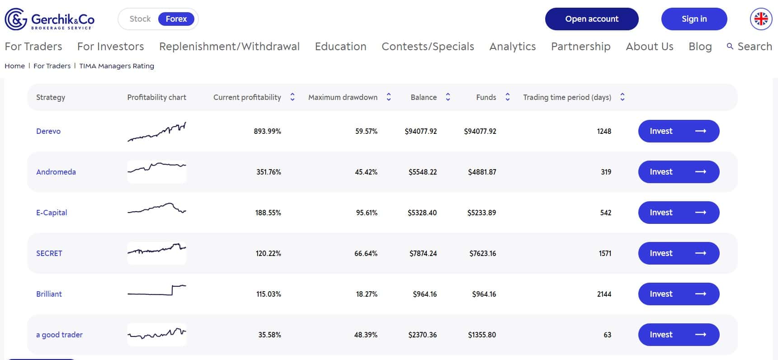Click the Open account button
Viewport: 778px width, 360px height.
[592, 19]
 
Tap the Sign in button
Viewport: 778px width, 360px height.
[694, 19]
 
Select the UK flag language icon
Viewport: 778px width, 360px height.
[761, 19]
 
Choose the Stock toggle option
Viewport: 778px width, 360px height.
[140, 19]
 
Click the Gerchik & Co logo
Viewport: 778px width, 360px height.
[50, 19]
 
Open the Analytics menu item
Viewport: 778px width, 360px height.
[513, 47]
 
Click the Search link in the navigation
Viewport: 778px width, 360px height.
[750, 47]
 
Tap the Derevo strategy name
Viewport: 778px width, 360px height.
[48, 131]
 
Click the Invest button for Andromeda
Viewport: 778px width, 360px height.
[679, 172]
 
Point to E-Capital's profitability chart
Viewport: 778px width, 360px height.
[157, 209]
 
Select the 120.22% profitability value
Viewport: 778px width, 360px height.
[268, 253]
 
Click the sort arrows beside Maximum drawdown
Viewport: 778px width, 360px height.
[389, 97]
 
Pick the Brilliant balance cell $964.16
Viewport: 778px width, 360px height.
[424, 294]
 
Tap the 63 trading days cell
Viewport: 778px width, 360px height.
[607, 335]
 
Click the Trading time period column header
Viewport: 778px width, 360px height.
[567, 97]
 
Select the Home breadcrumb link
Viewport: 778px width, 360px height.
[14, 66]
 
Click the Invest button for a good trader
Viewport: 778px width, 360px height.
[679, 335]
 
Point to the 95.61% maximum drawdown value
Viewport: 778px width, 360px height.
[367, 213]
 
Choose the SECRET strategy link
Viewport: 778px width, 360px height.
[49, 253]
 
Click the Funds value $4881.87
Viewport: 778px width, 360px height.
[482, 172]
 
